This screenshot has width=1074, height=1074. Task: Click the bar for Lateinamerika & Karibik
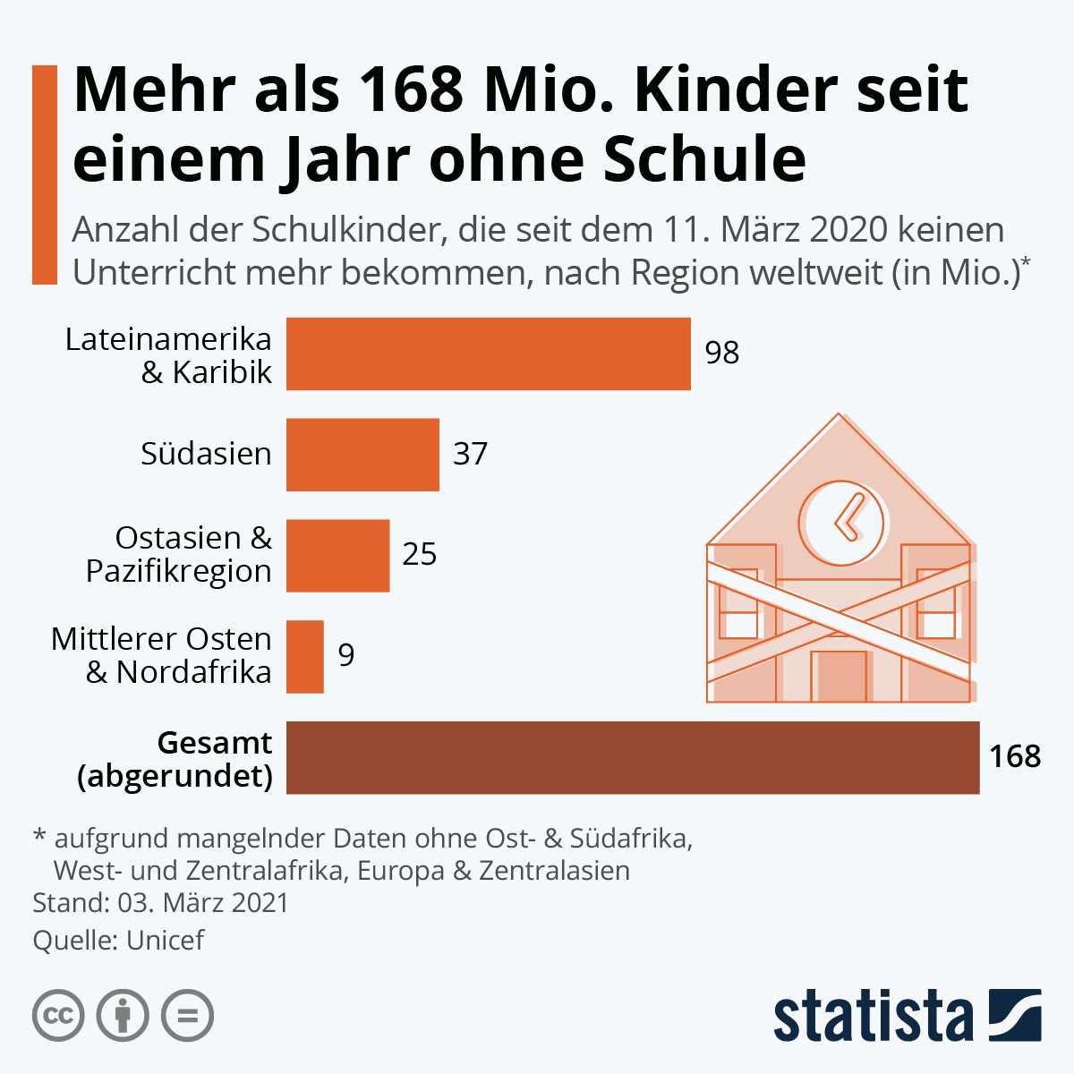[x=488, y=354]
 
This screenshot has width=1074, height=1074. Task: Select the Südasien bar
[x=362, y=455]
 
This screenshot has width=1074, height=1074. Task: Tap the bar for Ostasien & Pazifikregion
[x=337, y=556]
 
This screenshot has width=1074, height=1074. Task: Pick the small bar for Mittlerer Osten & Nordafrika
[x=304, y=657]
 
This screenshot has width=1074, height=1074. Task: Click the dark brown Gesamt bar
[x=632, y=758]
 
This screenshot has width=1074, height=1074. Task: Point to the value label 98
[x=722, y=353]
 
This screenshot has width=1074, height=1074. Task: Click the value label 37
[x=470, y=454]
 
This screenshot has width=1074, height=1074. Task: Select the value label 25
[x=420, y=555]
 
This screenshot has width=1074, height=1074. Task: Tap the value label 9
[x=346, y=656]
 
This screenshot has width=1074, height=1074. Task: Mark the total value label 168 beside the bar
[x=1015, y=757]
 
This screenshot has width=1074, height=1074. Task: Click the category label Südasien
[x=206, y=454]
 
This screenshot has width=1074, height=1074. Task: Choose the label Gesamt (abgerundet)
[x=175, y=759]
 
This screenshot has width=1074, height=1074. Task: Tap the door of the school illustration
[x=840, y=677]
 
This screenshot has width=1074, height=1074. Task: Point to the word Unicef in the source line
[x=166, y=941]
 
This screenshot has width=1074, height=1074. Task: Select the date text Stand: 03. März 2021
[x=161, y=902]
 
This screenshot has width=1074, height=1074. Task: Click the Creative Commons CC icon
[x=58, y=1016]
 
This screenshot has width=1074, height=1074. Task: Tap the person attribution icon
[x=123, y=1016]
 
